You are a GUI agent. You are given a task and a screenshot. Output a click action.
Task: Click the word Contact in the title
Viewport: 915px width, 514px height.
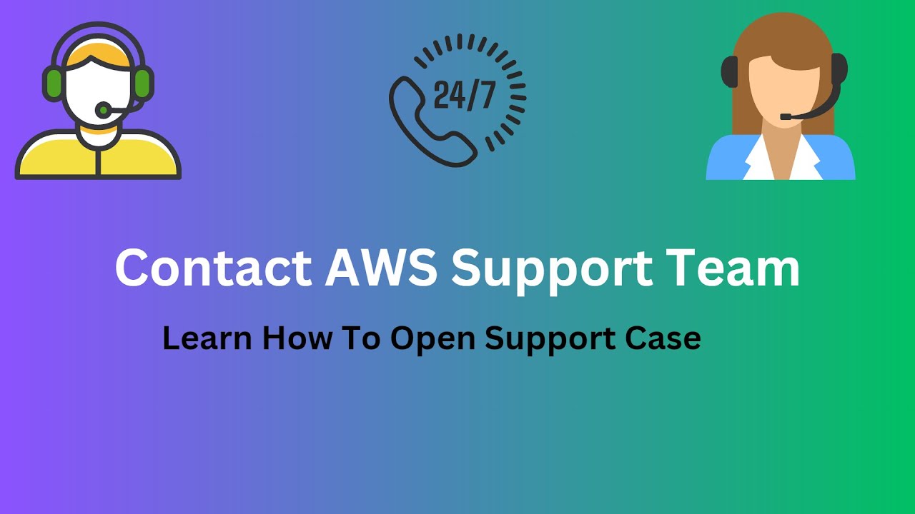tap(214, 268)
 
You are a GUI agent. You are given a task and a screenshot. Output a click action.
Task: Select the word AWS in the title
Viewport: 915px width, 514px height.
tap(381, 268)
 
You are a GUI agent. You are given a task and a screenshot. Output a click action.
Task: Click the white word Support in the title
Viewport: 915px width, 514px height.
tap(552, 272)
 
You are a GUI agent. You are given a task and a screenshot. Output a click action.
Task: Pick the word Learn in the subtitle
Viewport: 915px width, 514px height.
tap(207, 338)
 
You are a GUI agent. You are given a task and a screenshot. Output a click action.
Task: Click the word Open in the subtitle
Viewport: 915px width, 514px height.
tap(433, 341)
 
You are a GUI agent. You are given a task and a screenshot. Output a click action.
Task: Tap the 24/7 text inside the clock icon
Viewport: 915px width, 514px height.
tap(465, 96)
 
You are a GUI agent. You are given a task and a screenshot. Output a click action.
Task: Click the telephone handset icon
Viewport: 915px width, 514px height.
tap(432, 121)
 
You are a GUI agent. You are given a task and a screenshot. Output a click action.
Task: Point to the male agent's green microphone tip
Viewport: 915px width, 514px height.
tap(102, 110)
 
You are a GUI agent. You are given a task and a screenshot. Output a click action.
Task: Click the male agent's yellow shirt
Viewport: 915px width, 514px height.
tap(98, 156)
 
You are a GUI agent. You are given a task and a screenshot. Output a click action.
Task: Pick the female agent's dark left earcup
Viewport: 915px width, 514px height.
tap(730, 72)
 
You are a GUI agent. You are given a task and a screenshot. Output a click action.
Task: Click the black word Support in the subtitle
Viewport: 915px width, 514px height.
tap(550, 341)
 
